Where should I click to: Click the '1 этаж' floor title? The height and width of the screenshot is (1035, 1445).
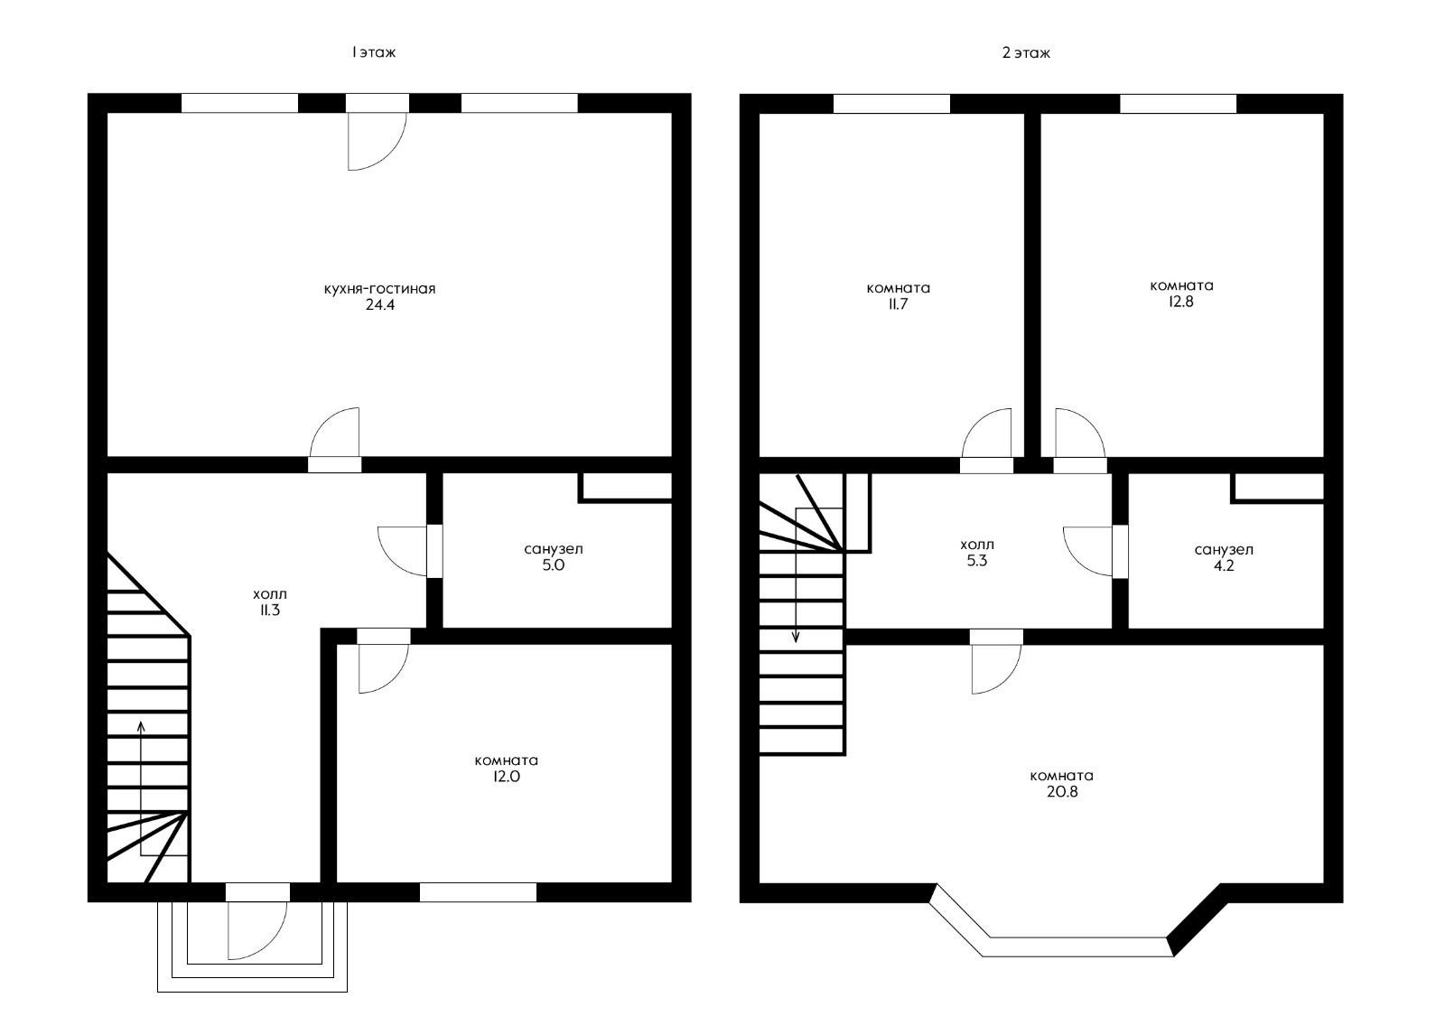click(374, 52)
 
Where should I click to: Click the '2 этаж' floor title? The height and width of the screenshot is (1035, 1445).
click(1026, 52)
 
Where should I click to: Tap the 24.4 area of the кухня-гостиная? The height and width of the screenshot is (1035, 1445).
click(380, 305)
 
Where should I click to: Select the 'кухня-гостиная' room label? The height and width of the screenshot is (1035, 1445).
click(380, 289)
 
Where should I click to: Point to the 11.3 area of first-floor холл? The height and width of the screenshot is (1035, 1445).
click(270, 611)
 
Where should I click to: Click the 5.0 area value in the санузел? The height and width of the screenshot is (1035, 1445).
click(554, 565)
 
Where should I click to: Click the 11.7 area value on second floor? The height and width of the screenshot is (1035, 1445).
click(898, 304)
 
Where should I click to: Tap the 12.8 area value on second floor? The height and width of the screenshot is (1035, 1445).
click(1181, 302)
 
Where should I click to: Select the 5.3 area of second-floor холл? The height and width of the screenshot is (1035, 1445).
click(976, 561)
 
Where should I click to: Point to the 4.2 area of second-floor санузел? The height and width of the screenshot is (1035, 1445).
click(1224, 566)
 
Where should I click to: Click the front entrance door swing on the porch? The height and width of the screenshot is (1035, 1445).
click(256, 930)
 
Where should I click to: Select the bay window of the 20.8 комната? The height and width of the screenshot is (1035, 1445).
click(1079, 946)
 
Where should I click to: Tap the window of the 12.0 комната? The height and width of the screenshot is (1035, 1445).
click(478, 892)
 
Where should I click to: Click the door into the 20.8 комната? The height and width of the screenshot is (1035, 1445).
click(996, 665)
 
